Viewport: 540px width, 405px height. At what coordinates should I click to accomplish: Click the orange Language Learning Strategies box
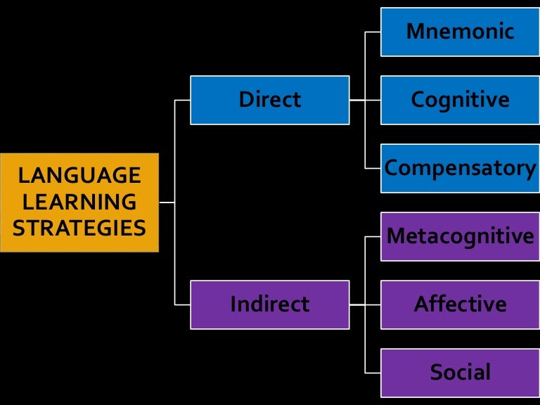(x=79, y=202)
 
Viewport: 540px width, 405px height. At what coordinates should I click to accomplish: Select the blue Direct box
(x=269, y=100)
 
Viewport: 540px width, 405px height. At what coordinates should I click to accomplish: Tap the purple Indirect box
(x=269, y=304)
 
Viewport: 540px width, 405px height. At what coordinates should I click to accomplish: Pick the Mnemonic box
(x=460, y=32)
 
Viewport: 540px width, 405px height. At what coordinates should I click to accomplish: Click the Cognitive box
(x=460, y=100)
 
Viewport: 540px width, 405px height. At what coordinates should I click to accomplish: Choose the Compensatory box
(x=460, y=168)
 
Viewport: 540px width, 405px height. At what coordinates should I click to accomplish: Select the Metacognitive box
(x=460, y=236)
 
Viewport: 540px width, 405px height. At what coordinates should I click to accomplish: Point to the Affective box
(x=460, y=304)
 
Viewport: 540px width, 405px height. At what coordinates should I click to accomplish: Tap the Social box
(x=460, y=373)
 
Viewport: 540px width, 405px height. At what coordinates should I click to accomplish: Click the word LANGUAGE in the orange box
(x=79, y=175)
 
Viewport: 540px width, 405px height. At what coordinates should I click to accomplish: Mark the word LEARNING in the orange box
(x=79, y=202)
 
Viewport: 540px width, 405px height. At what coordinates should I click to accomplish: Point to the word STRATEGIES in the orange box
(x=79, y=229)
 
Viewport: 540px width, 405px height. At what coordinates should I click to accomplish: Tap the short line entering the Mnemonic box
(x=373, y=32)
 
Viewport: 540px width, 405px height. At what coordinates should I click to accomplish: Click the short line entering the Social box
(x=373, y=373)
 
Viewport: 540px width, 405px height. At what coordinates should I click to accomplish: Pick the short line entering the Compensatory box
(x=373, y=168)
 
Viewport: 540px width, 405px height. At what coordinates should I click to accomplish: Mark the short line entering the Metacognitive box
(x=373, y=236)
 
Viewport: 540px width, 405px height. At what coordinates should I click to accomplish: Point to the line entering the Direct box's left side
(x=183, y=100)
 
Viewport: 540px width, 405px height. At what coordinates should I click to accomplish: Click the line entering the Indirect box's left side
(x=183, y=304)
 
